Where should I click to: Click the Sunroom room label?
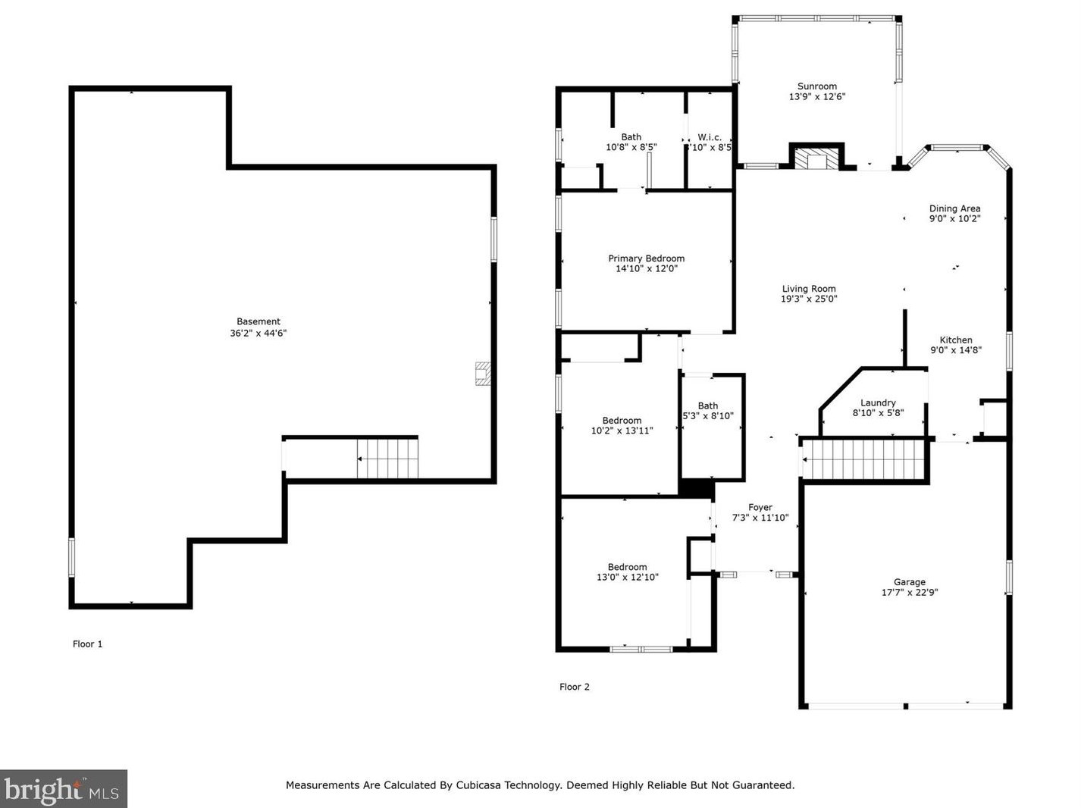point(817,86)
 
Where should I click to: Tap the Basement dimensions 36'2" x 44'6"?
point(258,333)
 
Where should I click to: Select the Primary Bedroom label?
point(646,258)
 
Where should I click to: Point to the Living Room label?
point(809,289)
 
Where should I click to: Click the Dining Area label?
point(954,208)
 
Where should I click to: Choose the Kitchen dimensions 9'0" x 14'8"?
point(955,350)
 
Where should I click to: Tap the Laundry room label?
point(878,402)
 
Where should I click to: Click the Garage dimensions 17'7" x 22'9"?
point(909,592)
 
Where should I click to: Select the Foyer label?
point(760,507)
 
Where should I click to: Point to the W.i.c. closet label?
point(710,137)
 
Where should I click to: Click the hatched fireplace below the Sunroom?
point(816,159)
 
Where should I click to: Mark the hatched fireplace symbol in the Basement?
point(483,373)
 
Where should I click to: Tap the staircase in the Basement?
point(387,459)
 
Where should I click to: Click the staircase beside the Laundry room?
point(863,459)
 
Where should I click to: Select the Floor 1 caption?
point(88,644)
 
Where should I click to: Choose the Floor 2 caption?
point(575,687)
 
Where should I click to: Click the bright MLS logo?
point(64,788)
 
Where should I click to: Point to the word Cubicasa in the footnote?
point(476,785)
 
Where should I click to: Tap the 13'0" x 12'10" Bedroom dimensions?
point(627,577)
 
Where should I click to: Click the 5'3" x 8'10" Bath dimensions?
point(708,416)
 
